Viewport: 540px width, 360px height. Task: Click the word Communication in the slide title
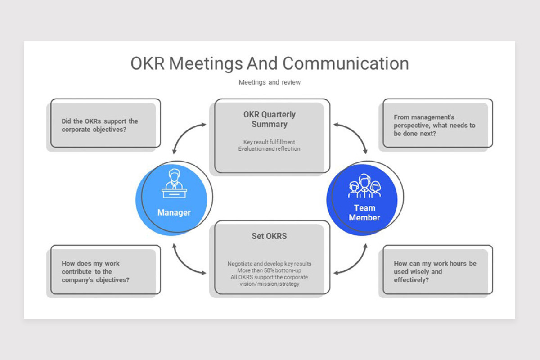click(x=346, y=63)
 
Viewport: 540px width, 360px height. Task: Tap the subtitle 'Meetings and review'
click(x=270, y=82)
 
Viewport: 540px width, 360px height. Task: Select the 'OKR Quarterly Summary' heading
click(x=269, y=119)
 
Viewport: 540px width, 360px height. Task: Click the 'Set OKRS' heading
click(x=269, y=236)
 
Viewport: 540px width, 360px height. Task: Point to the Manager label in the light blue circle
click(x=174, y=212)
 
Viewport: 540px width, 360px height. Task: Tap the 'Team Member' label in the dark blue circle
click(x=364, y=213)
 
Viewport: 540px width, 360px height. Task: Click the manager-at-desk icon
click(x=174, y=184)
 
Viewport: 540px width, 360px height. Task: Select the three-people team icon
click(x=364, y=186)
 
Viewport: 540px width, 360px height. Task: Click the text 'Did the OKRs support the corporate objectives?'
click(x=100, y=126)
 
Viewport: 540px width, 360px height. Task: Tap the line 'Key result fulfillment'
click(x=269, y=142)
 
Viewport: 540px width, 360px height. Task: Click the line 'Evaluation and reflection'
click(x=269, y=149)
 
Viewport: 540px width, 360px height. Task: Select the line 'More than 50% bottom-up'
click(x=269, y=270)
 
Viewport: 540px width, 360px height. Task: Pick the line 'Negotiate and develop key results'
click(x=269, y=264)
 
